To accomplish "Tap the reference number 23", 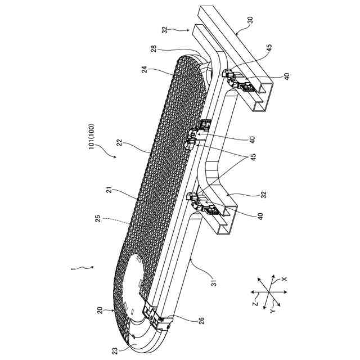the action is tap(115, 350).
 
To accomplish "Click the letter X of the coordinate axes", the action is tap(284, 278).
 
